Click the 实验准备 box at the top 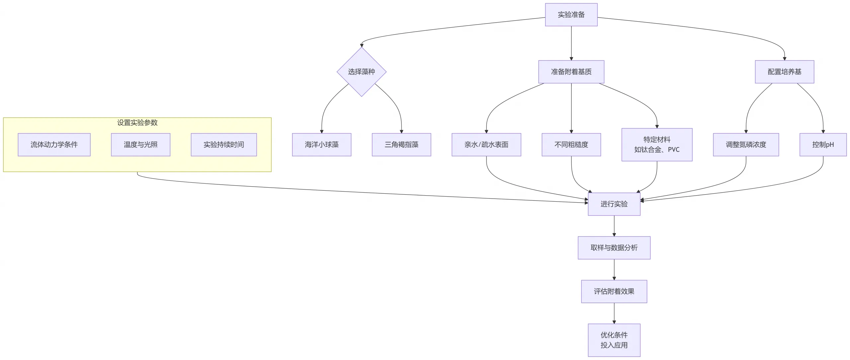tap(571, 15)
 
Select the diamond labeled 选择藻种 tap(361, 72)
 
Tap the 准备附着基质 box tap(571, 72)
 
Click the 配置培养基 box tap(784, 72)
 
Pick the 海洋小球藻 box tap(321, 144)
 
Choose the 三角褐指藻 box tap(401, 144)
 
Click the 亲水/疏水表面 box tap(486, 144)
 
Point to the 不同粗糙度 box tap(571, 144)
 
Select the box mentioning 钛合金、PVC tap(657, 144)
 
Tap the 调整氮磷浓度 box tap(746, 144)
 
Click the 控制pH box tap(823, 144)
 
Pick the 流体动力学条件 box tap(54, 144)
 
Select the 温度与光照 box tap(140, 144)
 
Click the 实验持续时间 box tap(223, 144)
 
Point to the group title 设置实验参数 tap(137, 123)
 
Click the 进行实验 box tap(614, 204)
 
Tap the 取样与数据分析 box tap(614, 248)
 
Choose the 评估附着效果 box tap(614, 291)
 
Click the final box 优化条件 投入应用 tap(614, 340)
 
